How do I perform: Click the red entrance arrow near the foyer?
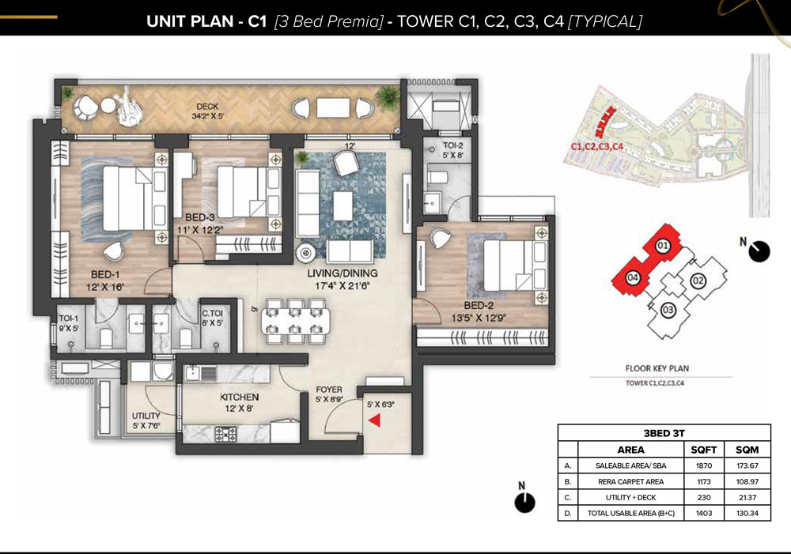click(x=374, y=420)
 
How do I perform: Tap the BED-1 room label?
click(x=105, y=275)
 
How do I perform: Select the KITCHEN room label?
click(x=239, y=398)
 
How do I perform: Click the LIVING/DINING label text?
click(x=343, y=273)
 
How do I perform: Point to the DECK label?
click(x=208, y=107)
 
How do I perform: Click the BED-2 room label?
click(x=479, y=306)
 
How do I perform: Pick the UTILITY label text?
click(x=146, y=416)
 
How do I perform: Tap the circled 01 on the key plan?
click(x=662, y=246)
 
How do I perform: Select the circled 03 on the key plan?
click(x=668, y=310)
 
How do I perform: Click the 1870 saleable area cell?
click(x=704, y=465)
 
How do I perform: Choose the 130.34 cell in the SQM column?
click(x=747, y=513)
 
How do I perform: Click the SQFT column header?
click(x=704, y=450)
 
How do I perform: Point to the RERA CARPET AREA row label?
click(x=630, y=481)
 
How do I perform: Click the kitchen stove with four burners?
click(x=225, y=434)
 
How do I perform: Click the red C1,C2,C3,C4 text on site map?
click(x=597, y=147)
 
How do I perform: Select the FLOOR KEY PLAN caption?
click(x=657, y=368)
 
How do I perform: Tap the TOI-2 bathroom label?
click(x=453, y=145)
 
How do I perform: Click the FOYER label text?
click(x=329, y=390)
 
